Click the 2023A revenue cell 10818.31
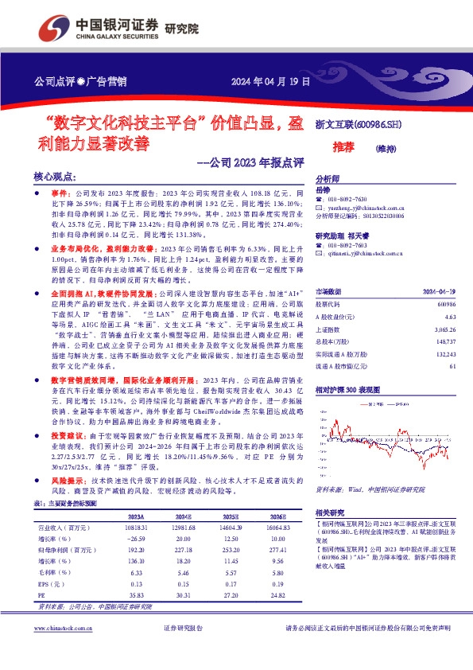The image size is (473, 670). (x=135, y=528)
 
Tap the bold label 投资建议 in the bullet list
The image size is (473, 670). (x=68, y=436)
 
